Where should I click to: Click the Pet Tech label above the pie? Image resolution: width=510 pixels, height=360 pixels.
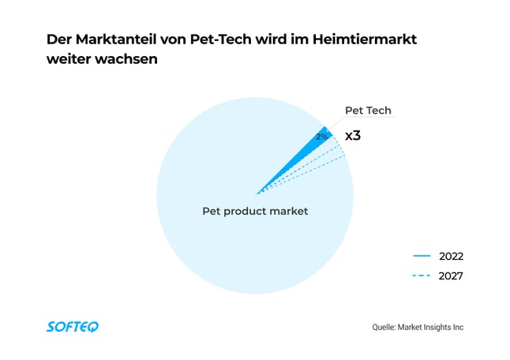(x=368, y=111)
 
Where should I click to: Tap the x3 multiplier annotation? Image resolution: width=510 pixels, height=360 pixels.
(x=353, y=136)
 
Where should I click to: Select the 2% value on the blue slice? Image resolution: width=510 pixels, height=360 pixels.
(x=321, y=137)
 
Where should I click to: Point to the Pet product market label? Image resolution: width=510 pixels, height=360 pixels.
(x=255, y=211)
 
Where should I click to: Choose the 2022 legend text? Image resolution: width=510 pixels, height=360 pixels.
(x=451, y=256)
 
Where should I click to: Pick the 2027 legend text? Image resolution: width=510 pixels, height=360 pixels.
(x=451, y=276)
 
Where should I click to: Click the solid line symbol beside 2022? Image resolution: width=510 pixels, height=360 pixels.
(x=422, y=256)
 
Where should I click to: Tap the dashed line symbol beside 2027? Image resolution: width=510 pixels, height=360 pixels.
(x=422, y=276)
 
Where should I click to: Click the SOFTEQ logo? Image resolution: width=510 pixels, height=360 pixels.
(x=73, y=326)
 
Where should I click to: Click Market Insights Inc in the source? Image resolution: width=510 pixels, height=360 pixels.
(x=435, y=327)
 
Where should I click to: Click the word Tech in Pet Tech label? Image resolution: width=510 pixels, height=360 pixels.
(x=379, y=111)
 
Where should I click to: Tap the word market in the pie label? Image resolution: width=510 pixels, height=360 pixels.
(x=288, y=211)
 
